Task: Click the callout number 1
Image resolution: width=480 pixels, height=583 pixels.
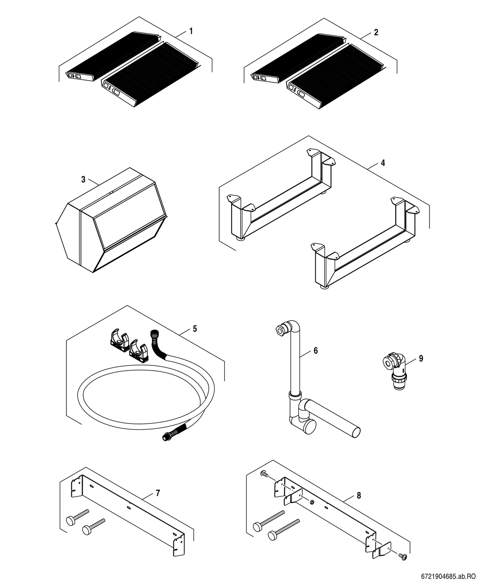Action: tap(191, 31)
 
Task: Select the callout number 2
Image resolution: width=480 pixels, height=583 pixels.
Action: tap(376, 32)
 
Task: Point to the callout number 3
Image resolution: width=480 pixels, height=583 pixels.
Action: tap(83, 180)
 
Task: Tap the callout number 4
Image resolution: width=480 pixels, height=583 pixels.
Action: tap(383, 163)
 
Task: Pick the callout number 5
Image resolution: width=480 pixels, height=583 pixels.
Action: tap(195, 329)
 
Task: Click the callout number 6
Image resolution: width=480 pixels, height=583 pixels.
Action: tap(316, 351)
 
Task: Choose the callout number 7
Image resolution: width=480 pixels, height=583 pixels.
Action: tap(157, 493)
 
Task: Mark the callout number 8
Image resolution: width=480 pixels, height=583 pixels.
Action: tap(359, 495)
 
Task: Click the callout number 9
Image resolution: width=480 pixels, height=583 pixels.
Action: tap(421, 359)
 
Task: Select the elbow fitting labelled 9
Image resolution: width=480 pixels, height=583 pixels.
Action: tap(395, 370)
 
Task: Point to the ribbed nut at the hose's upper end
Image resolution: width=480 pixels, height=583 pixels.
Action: tap(153, 334)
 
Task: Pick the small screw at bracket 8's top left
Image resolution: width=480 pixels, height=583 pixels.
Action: tap(264, 474)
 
